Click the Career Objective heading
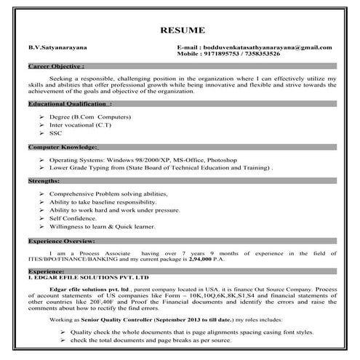[52, 65]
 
